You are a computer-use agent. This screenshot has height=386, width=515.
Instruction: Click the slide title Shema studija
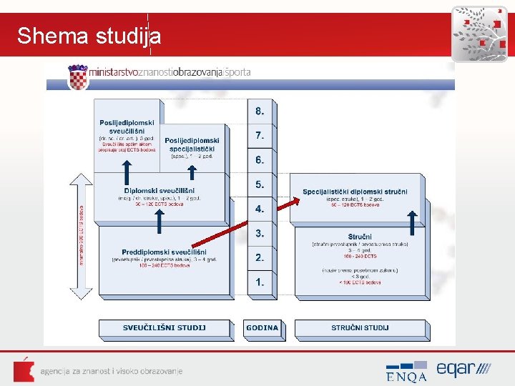(x=89, y=36)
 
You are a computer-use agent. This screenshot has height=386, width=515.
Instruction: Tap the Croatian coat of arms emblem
(x=77, y=76)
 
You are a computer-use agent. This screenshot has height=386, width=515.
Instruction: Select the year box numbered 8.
(x=260, y=112)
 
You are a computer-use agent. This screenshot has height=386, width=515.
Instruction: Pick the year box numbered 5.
(x=260, y=185)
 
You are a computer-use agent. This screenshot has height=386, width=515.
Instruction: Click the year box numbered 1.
(x=260, y=282)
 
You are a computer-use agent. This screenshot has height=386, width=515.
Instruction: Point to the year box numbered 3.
(x=260, y=233)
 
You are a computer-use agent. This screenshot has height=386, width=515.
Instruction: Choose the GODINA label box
(x=263, y=328)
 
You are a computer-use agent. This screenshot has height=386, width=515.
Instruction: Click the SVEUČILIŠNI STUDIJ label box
(x=164, y=328)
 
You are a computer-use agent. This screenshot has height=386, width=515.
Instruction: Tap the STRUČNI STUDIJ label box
(x=360, y=328)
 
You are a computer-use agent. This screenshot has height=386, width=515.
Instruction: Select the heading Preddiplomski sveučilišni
(x=164, y=252)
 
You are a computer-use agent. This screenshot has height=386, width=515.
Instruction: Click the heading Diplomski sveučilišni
(x=160, y=191)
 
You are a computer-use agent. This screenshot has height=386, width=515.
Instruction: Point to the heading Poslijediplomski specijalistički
(x=192, y=144)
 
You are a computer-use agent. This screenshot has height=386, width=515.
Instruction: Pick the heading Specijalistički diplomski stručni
(x=355, y=192)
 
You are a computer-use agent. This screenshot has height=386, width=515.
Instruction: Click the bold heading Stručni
(x=360, y=237)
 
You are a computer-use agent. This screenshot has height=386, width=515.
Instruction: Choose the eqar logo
(x=463, y=369)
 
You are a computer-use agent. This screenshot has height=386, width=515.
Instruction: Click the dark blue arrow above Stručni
(x=413, y=222)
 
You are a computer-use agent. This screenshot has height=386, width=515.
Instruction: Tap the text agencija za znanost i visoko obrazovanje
(x=112, y=371)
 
